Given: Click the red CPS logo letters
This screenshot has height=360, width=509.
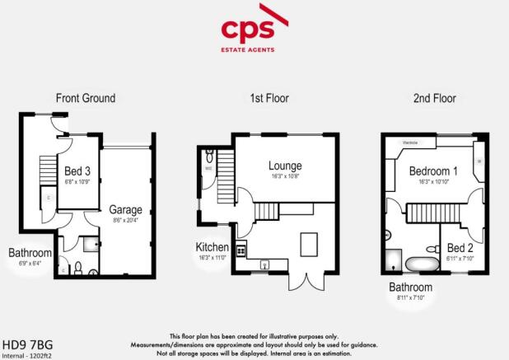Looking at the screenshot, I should (x=254, y=30).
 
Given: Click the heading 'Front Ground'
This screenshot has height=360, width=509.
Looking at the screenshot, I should (x=86, y=98).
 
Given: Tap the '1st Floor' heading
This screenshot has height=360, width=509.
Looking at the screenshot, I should (x=267, y=98).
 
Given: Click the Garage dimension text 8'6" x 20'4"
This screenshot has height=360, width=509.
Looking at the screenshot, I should (x=126, y=220).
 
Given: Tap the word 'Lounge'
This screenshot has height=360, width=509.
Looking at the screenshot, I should (x=285, y=166).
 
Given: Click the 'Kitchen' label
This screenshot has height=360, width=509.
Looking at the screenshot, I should (x=212, y=247).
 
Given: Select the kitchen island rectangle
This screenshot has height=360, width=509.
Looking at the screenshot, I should (x=309, y=243).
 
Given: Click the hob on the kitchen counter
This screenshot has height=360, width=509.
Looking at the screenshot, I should (x=241, y=250).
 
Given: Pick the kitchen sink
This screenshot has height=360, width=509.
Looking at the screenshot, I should (x=265, y=264).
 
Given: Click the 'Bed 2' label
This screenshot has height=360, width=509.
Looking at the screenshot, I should (x=459, y=247).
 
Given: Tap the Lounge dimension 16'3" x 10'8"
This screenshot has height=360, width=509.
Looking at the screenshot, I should (x=285, y=176).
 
